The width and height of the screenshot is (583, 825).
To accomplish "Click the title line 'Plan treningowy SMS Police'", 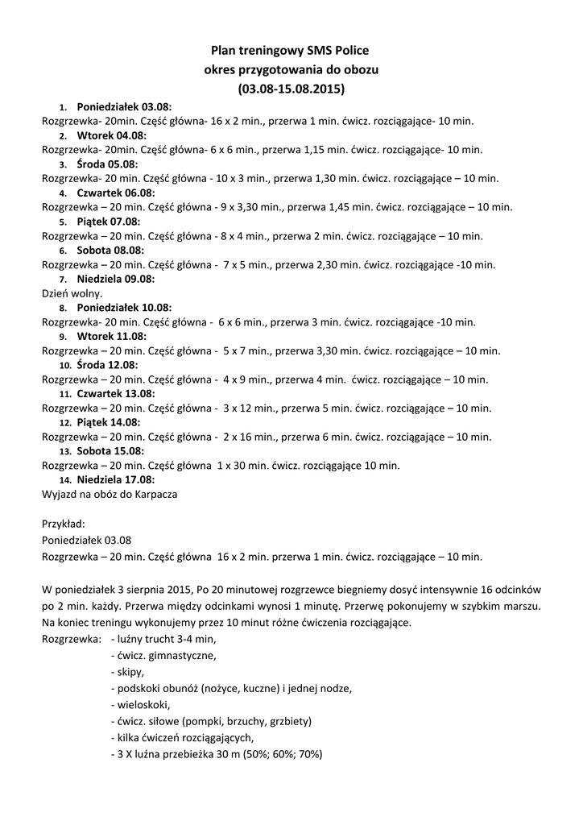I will tap(291, 50).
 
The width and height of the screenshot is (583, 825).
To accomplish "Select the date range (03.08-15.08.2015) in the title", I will tap(291, 86).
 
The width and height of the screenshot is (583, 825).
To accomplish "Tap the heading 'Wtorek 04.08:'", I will tap(112, 135).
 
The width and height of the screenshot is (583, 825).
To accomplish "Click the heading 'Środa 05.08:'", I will tap(108, 164).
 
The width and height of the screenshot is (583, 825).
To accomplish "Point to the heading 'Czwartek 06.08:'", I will tap(116, 193).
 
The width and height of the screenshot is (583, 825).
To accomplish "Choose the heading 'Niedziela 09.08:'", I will tap(116, 279).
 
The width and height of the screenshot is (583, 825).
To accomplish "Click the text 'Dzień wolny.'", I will tap(72, 293).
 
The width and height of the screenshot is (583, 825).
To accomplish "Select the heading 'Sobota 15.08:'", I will tap(110, 451).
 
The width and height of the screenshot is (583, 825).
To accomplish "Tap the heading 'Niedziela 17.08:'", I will tap(116, 479).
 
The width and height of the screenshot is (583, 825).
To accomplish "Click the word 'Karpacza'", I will tap(155, 494).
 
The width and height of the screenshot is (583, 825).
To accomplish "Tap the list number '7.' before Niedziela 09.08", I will tap(64, 280).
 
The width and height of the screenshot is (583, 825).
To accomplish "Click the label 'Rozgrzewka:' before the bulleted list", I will tap(71, 639).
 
